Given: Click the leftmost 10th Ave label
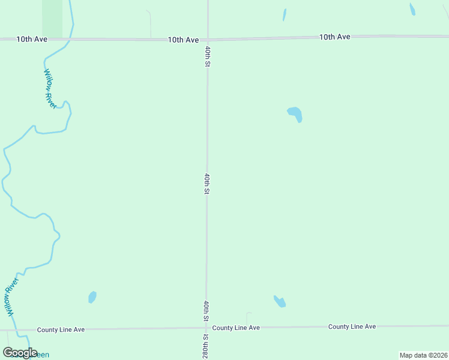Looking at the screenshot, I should click(32, 39).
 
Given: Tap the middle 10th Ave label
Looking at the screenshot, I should click(183, 40).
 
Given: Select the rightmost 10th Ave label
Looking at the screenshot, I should click(334, 37).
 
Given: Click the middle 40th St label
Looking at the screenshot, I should click(206, 184).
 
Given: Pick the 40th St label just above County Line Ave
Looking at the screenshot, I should click(206, 311).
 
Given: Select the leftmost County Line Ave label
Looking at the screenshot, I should click(61, 329).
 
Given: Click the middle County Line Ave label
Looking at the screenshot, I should click(236, 328).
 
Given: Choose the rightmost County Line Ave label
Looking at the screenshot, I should click(352, 326).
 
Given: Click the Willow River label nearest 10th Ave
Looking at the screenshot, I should click(50, 89).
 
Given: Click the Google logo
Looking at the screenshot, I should click(20, 353).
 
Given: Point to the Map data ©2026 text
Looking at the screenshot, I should click(423, 355).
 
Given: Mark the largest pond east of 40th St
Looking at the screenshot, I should click(295, 113).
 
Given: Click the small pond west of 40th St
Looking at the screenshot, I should click(92, 297).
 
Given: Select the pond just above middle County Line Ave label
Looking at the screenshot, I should click(280, 301).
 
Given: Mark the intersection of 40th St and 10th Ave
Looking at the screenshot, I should click(208, 40).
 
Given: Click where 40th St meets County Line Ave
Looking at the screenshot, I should click(206, 328).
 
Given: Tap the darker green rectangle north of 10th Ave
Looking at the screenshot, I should click(52, 18).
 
